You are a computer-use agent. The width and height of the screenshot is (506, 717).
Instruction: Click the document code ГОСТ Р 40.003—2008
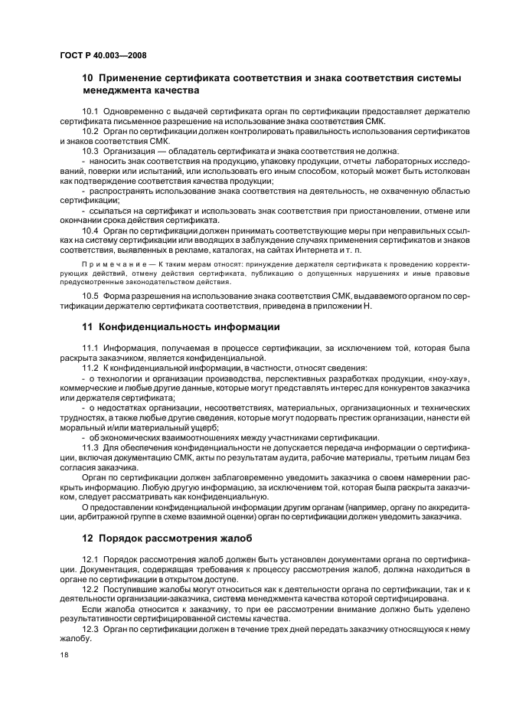(103, 56)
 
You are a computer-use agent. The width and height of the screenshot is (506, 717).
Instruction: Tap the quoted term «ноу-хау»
(450, 378)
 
